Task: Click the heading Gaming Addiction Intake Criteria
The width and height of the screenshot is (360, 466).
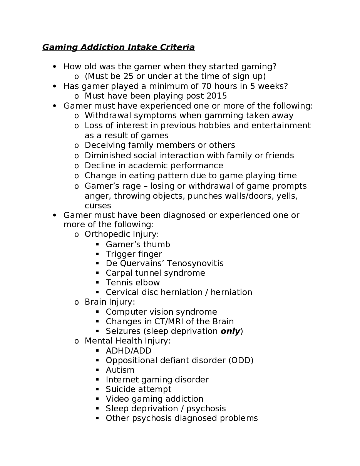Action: click(x=118, y=47)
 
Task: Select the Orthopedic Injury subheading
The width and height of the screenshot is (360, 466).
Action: click(x=122, y=234)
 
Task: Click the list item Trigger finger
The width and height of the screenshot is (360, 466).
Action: click(x=134, y=254)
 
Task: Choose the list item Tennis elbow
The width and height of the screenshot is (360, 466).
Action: click(x=132, y=283)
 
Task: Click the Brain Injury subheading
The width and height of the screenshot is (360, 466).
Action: click(x=110, y=302)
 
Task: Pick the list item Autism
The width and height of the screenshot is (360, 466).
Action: click(x=120, y=370)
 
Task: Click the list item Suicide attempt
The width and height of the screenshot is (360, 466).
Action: click(x=138, y=389)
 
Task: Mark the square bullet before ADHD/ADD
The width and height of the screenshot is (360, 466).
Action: click(x=97, y=350)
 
